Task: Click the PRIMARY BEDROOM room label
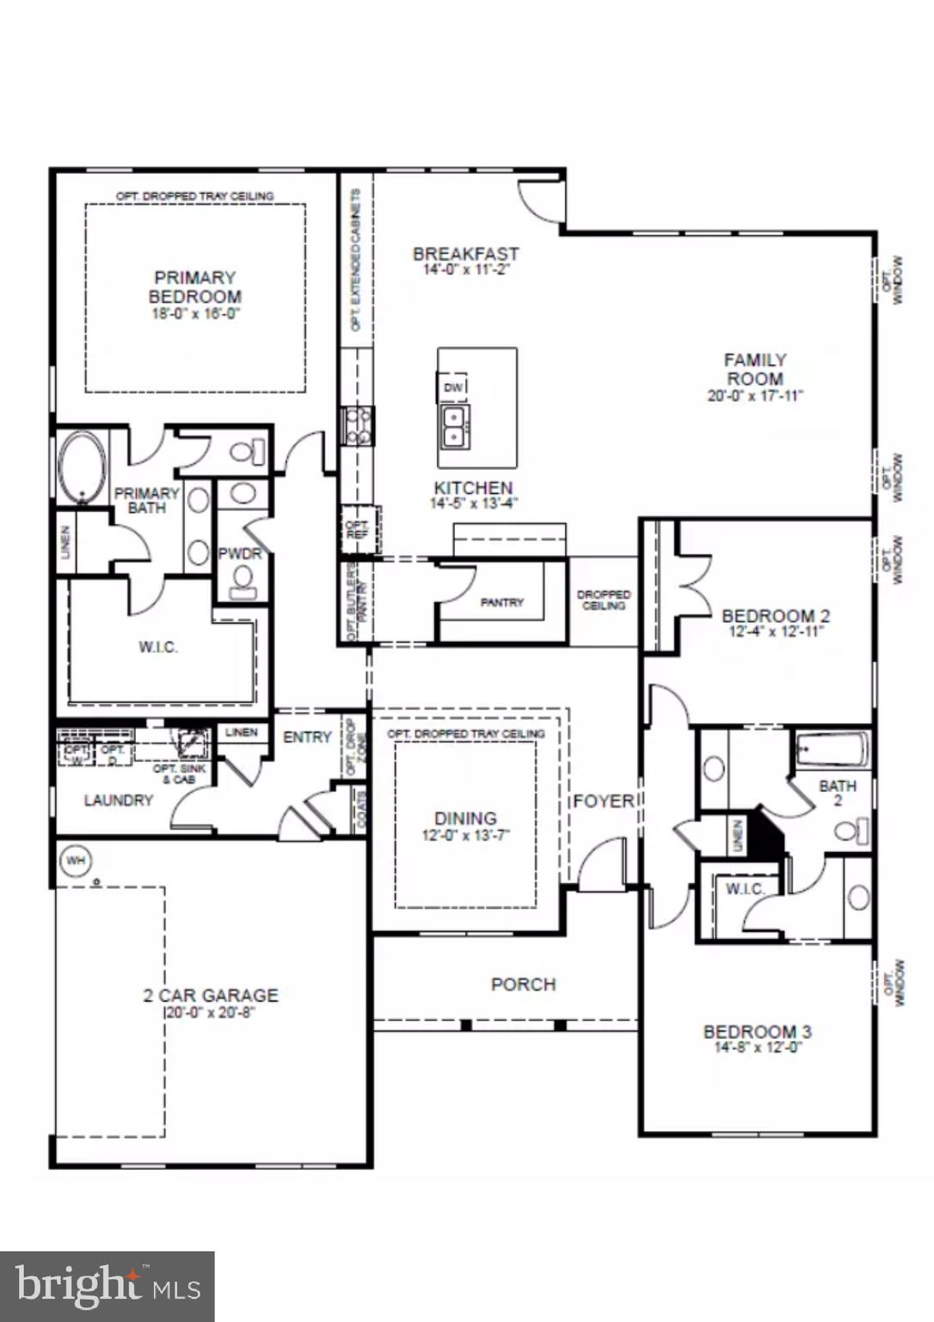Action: pos(194,287)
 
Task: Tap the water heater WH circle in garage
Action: pos(76,860)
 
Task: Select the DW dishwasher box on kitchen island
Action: pos(453,387)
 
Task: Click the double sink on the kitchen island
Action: pos(453,426)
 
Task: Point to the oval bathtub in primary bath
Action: pos(83,468)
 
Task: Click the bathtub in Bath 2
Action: pos(832,750)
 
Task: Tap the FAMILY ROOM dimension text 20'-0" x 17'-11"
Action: pos(754,396)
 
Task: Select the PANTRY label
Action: pos(501,602)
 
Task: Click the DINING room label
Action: pos(465,818)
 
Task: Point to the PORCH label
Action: pos(523,984)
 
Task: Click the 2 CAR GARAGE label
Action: pos(211,995)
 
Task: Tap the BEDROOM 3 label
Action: pos(757,1031)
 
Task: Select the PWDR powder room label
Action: pos(239,553)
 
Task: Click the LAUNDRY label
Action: pos(119,800)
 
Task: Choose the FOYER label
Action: pos(604,801)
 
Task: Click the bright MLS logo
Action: pos(108,1286)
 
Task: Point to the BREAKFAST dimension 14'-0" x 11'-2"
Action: pos(465,269)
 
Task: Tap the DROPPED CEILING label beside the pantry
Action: pos(604,600)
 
